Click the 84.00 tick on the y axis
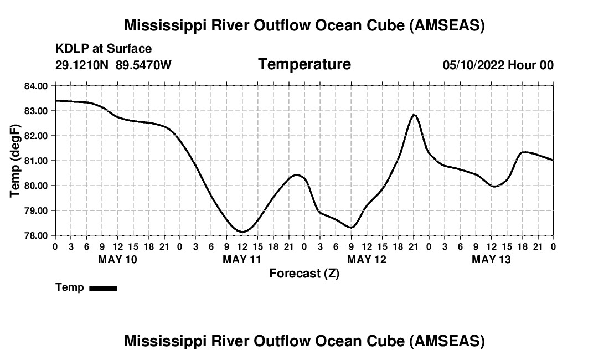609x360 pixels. [x=36, y=86]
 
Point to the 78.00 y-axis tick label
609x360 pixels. [x=36, y=235]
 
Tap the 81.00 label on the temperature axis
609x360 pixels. [x=36, y=161]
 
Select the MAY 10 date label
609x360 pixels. [x=117, y=259]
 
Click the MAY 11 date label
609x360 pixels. [x=242, y=259]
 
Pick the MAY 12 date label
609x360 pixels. [x=367, y=259]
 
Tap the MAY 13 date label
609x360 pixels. [x=491, y=259]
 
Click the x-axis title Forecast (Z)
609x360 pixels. [x=304, y=273]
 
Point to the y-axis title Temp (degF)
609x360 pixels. [x=16, y=161]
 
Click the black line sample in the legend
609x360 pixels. [x=103, y=288]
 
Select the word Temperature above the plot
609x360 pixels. [x=304, y=64]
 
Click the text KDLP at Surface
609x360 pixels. [x=104, y=49]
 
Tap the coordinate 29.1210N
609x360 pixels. [x=82, y=65]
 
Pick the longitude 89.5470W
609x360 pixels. [x=144, y=65]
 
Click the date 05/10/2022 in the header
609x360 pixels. [x=473, y=65]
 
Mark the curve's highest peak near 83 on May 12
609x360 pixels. [x=414, y=115]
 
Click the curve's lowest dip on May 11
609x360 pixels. [x=242, y=232]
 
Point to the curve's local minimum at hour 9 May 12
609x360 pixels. [x=351, y=227]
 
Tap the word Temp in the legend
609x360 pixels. [x=70, y=288]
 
